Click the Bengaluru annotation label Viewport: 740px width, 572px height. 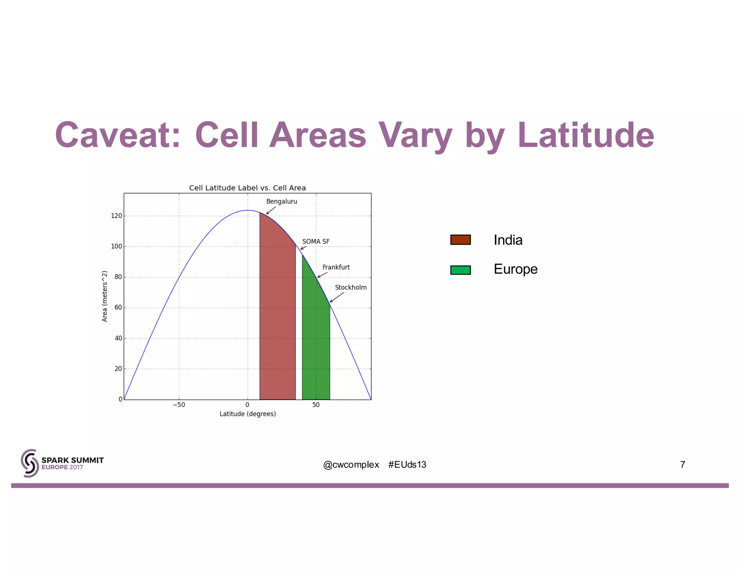pyautogui.click(x=281, y=201)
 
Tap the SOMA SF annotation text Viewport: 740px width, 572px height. pyautogui.click(x=315, y=241)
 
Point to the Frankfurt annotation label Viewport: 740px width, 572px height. pyautogui.click(x=336, y=267)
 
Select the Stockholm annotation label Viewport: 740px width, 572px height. pyautogui.click(x=350, y=287)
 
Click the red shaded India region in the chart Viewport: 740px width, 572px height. pyautogui.click(x=277, y=318)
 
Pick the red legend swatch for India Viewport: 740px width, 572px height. pyautogui.click(x=460, y=240)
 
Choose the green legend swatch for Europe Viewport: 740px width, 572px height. pyautogui.click(x=460, y=270)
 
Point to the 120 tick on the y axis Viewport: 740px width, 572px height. pyautogui.click(x=116, y=216)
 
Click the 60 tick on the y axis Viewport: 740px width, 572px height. pyautogui.click(x=118, y=308)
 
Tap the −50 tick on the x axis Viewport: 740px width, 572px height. pyautogui.click(x=179, y=405)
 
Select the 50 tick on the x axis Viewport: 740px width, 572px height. pyautogui.click(x=316, y=405)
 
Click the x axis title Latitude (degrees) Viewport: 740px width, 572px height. pyautogui.click(x=248, y=414)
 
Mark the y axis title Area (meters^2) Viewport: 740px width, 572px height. pyautogui.click(x=105, y=296)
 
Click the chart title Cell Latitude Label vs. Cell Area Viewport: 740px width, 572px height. pyautogui.click(x=248, y=188)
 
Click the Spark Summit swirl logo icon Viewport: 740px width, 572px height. pyautogui.click(x=30, y=463)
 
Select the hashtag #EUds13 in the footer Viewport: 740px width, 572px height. pyautogui.click(x=407, y=465)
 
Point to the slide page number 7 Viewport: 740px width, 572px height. pyautogui.click(x=682, y=465)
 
